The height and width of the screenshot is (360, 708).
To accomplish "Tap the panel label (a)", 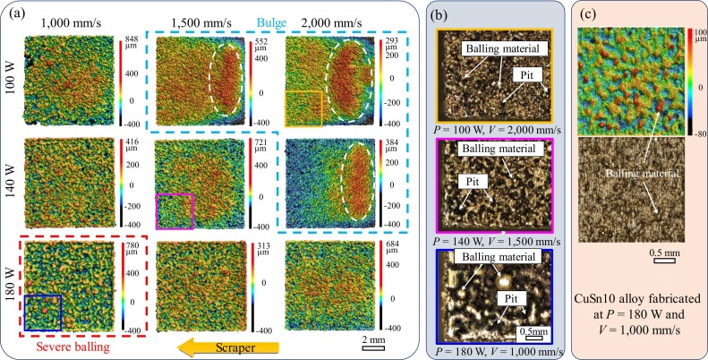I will click(15, 15).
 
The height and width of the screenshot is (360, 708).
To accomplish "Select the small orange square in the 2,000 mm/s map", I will click(303, 109).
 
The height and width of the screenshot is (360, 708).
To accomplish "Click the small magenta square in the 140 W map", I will click(174, 211).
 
